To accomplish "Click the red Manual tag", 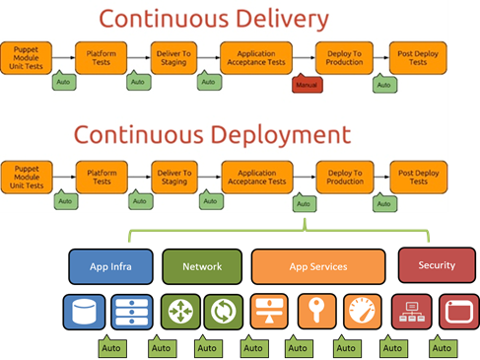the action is click(308, 84).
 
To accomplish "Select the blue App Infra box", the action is click(110, 266).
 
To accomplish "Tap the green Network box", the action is click(202, 266).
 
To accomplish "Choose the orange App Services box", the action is click(318, 266).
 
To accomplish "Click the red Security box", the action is click(437, 265).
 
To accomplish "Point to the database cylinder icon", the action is click(84, 312).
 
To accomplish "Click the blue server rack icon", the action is click(132, 312).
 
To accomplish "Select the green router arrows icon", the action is click(180, 312).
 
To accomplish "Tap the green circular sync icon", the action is click(224, 312).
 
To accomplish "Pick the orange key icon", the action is click(316, 312).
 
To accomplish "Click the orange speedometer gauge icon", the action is click(363, 312).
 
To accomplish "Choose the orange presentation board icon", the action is click(269, 312).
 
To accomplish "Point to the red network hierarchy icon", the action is click(412, 312).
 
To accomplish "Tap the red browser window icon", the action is click(459, 312).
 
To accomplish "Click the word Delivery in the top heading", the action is click(283, 19).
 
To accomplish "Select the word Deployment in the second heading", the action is click(281, 135).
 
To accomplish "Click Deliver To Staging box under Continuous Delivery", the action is click(173, 58).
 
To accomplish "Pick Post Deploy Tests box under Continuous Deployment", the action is click(419, 178).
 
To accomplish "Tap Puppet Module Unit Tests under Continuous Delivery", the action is click(27, 58).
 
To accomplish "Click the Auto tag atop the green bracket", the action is click(305, 202).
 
